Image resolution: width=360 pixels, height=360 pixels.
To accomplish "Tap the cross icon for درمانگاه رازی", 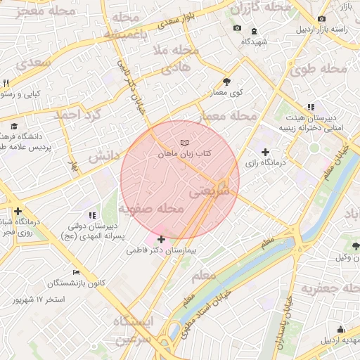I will pyautogui.click(x=265, y=152).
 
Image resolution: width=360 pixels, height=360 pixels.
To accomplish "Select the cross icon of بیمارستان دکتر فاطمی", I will pyautogui.click(x=161, y=239).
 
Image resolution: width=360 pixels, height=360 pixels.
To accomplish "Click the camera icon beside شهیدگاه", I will pyautogui.click(x=237, y=28).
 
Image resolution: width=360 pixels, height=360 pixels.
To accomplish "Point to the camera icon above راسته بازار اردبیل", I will pyautogui.click(x=321, y=18).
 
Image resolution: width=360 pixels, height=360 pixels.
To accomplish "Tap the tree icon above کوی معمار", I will pyautogui.click(x=226, y=82).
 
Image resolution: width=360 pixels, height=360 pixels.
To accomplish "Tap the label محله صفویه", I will pyautogui.click(x=150, y=209).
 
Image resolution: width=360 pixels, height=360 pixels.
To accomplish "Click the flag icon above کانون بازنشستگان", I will pyautogui.click(x=76, y=272).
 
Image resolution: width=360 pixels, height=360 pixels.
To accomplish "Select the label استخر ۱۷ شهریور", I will pyautogui.click(x=39, y=300).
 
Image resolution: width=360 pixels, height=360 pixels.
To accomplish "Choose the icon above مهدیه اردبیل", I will pyautogui.click(x=341, y=330).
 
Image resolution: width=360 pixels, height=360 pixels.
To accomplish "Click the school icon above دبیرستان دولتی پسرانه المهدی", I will pyautogui.click(x=91, y=215).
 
